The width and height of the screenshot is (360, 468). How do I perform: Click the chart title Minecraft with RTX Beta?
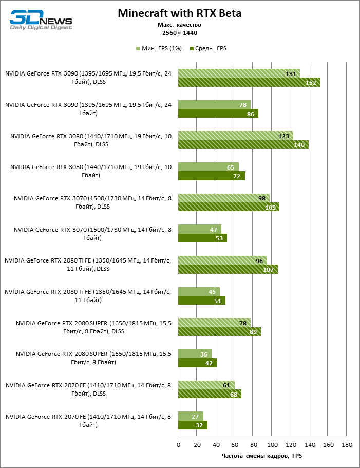pos(179,13)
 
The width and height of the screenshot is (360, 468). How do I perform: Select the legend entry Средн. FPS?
pos(207,48)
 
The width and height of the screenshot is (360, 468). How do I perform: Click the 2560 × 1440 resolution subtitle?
pos(179,33)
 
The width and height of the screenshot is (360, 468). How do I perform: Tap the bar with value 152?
pos(249,82)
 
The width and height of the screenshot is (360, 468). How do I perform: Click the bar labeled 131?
pos(239,73)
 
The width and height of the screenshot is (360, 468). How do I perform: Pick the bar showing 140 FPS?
pos(243,144)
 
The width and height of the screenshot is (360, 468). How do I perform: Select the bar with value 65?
pos(209,167)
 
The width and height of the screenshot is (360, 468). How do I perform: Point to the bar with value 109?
pos(229,207)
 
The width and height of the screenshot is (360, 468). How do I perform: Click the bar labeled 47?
pos(200,229)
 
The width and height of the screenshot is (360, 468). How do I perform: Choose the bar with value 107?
pos(228,269)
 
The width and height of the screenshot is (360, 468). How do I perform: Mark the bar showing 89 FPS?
pos(219,331)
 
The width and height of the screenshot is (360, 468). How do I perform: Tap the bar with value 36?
pos(195,353)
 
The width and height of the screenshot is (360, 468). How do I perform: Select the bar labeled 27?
pos(191,416)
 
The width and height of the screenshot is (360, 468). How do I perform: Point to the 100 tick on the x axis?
pos(272,444)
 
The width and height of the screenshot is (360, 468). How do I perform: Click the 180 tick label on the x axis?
pos(347,444)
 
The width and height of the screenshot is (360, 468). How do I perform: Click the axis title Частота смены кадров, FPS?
pos(262,455)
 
